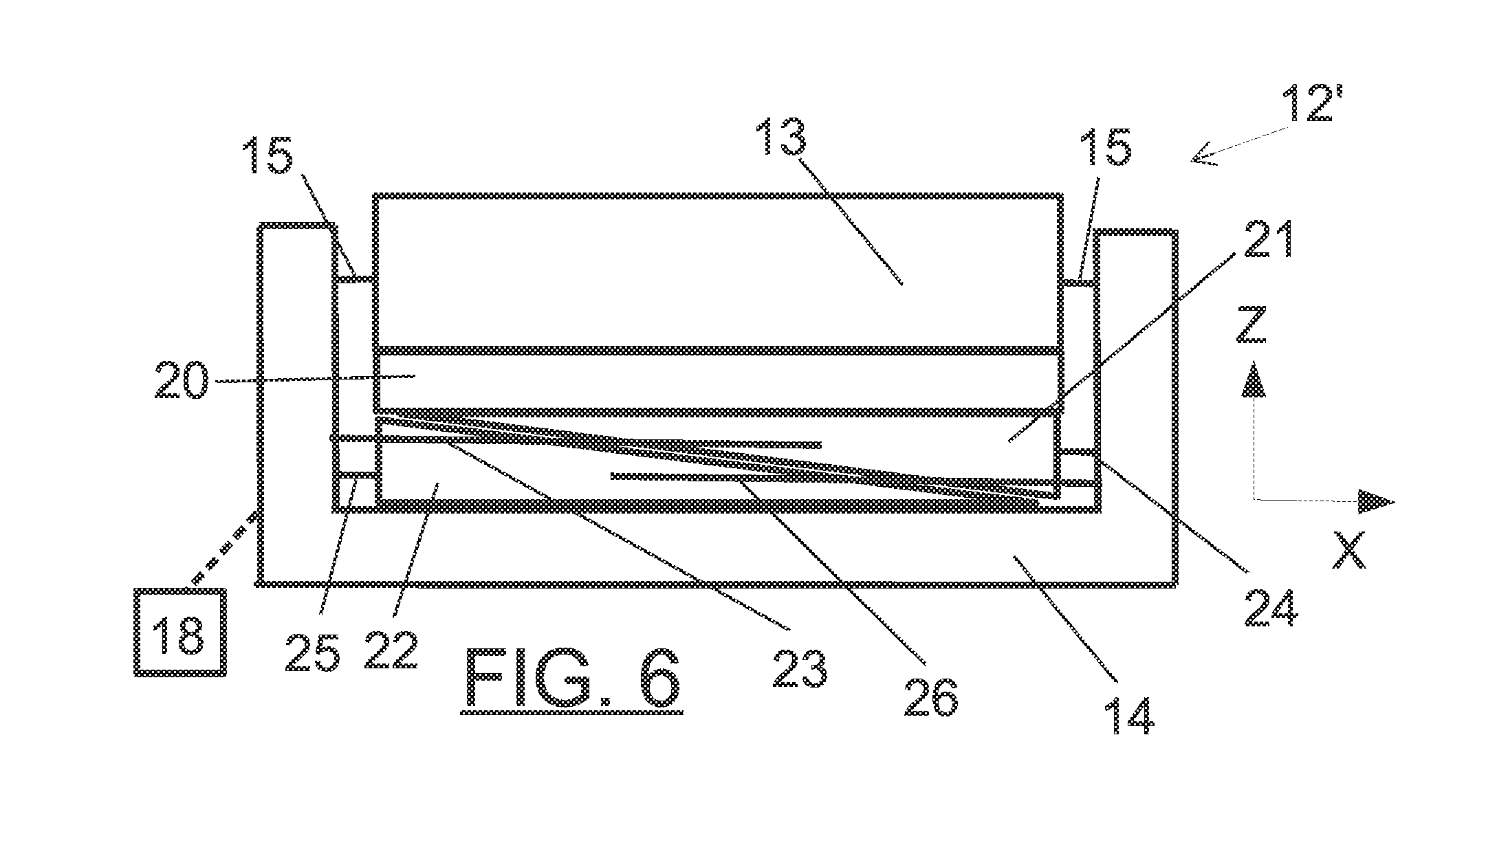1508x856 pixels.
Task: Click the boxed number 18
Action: pyautogui.click(x=179, y=632)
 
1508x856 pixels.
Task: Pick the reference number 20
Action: pyautogui.click(x=181, y=380)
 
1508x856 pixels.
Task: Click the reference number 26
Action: pyautogui.click(x=930, y=696)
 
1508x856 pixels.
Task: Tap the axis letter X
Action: pyautogui.click(x=1348, y=549)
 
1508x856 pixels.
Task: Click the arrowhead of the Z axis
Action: pyautogui.click(x=1254, y=380)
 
